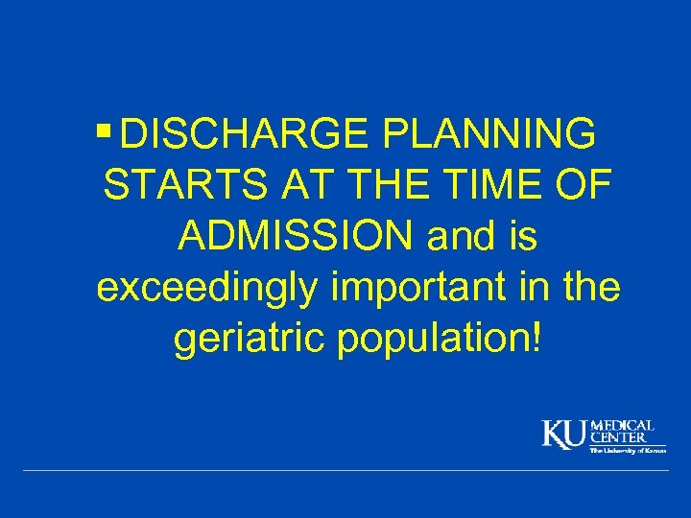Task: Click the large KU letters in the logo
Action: tap(563, 435)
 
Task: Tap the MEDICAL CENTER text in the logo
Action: tap(622, 431)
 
